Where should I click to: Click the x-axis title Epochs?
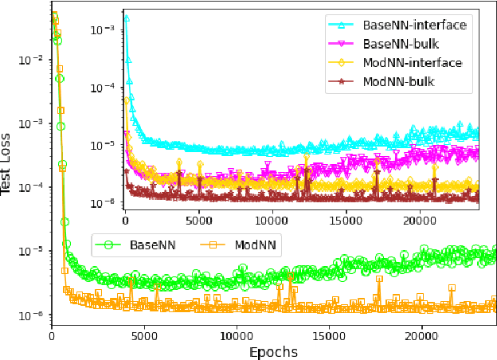[x=273, y=351]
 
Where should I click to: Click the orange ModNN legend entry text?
[x=255, y=245]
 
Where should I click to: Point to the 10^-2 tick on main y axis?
[x=30, y=60]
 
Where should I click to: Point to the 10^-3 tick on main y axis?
[x=30, y=123]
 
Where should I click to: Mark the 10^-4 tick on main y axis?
[x=30, y=187]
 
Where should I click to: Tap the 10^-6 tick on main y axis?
[x=30, y=315]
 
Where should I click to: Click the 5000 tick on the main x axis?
[x=143, y=335]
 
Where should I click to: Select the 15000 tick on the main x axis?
[x=328, y=335]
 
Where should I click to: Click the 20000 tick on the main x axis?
[x=421, y=335]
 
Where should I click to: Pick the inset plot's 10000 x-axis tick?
[x=272, y=220]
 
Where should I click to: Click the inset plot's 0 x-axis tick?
[x=125, y=220]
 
